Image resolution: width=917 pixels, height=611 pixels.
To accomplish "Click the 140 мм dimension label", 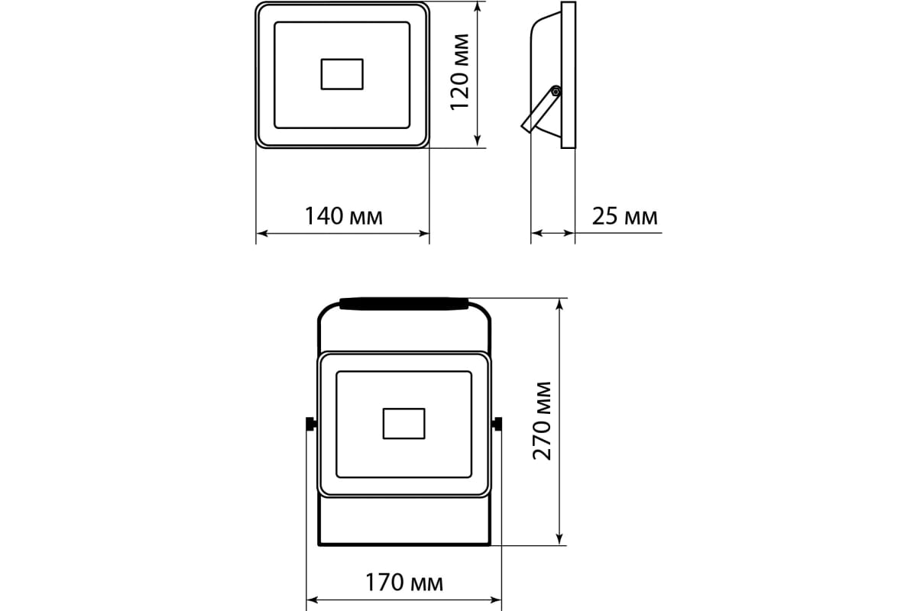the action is [344, 216].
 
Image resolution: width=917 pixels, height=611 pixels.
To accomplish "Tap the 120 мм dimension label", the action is [459, 72].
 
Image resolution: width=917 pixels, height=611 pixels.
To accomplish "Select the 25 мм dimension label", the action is [625, 216].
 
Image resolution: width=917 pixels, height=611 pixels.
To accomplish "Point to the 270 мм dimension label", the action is [542, 421].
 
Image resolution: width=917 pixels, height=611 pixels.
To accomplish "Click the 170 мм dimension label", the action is [404, 583].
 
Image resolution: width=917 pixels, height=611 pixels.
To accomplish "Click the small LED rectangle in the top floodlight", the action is [342, 74].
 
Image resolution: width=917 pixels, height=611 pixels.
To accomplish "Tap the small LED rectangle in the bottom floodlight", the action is [403, 424].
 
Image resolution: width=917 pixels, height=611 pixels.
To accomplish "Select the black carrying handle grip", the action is [403, 304].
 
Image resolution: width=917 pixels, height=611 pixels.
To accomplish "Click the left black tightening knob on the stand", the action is [311, 424].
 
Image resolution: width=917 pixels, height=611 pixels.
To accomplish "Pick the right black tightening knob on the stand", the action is [497, 424].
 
